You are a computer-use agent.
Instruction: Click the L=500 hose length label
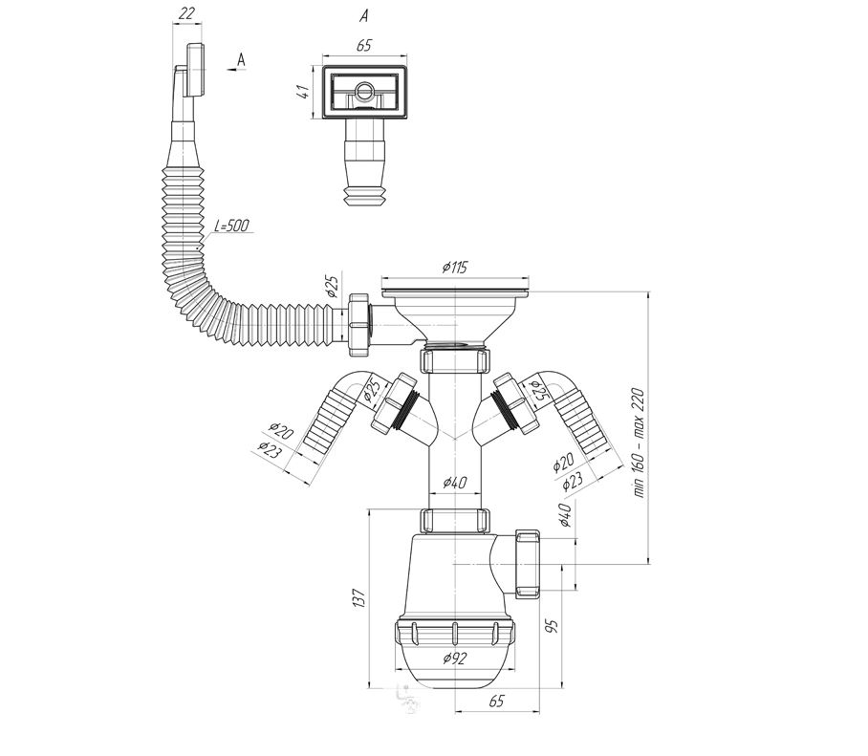click(231, 226)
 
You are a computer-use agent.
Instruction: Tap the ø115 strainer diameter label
click(455, 268)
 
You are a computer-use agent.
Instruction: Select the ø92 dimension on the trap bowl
click(455, 659)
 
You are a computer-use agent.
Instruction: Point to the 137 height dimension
click(358, 598)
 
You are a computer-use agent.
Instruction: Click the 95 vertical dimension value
click(552, 626)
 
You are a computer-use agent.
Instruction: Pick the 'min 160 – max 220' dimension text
click(639, 443)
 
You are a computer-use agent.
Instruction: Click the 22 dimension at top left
click(187, 12)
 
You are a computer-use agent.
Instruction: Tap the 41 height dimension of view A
click(302, 93)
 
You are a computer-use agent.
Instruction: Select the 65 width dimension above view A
click(363, 45)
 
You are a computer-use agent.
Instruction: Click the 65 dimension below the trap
click(496, 701)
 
